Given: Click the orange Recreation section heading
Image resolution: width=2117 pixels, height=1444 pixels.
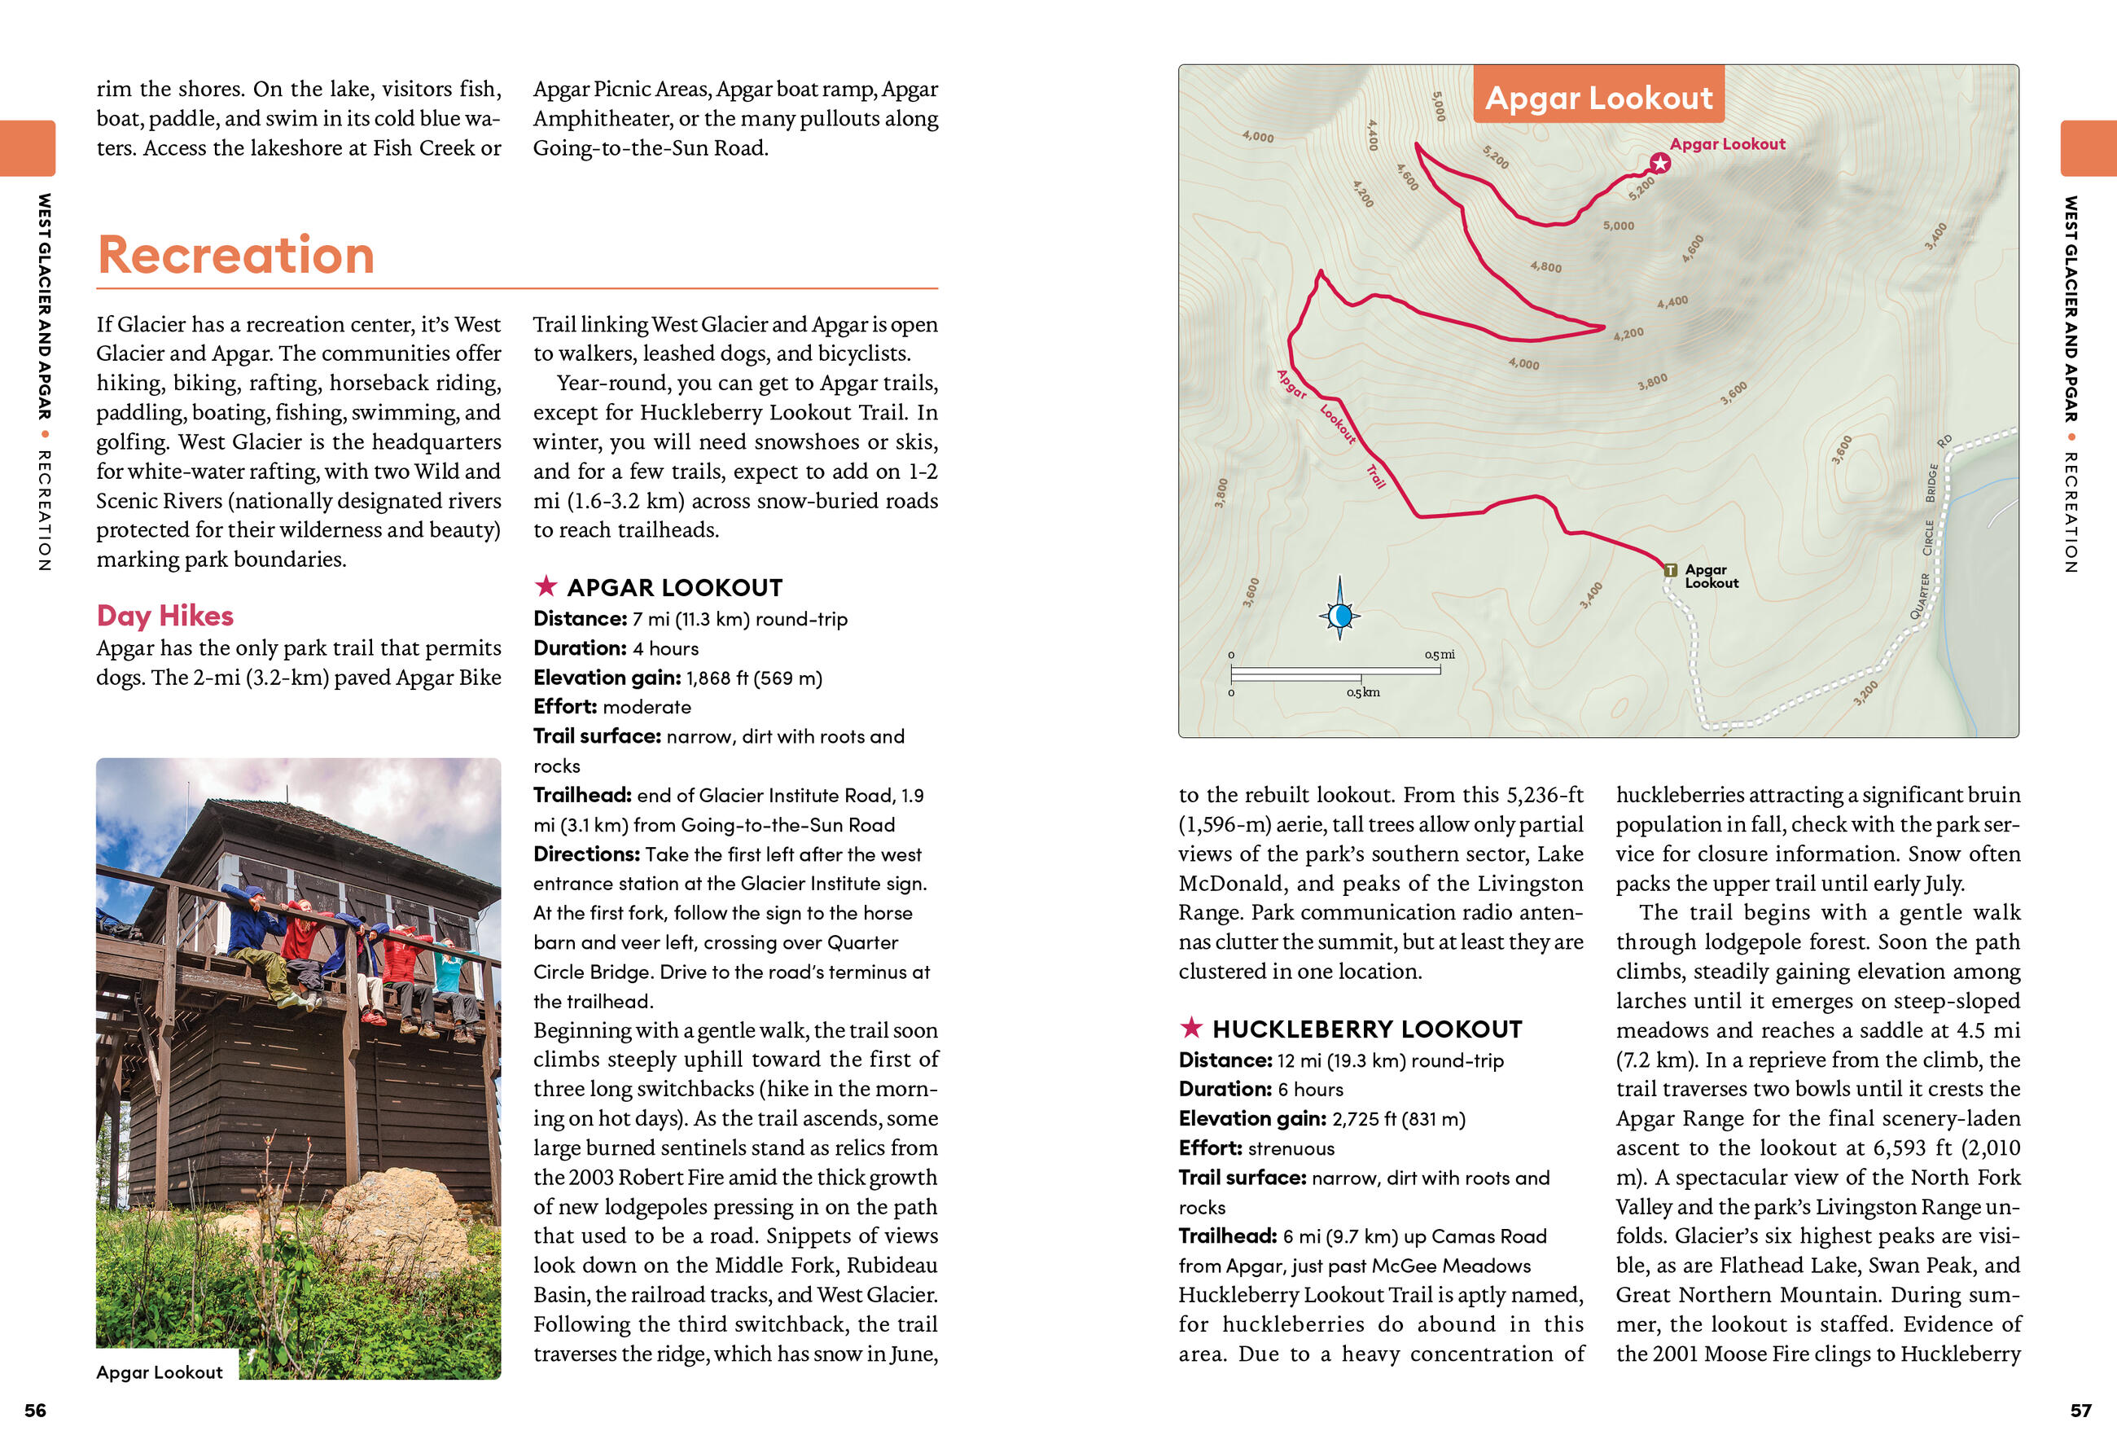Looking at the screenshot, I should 236,255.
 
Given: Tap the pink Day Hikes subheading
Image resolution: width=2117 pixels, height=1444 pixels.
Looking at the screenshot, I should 164,616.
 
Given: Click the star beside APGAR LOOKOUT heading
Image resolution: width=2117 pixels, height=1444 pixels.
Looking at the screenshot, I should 546,586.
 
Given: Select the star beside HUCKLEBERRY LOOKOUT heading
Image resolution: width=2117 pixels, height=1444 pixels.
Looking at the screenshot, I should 1190,1028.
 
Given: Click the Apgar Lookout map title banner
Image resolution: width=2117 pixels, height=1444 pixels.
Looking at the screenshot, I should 1598,97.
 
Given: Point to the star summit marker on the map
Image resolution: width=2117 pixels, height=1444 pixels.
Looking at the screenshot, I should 1659,163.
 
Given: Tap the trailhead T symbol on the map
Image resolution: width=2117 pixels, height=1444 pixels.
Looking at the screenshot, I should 1670,570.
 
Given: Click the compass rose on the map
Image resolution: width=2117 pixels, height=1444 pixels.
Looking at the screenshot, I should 1339,616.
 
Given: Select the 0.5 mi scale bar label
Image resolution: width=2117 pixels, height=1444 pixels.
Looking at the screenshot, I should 1440,654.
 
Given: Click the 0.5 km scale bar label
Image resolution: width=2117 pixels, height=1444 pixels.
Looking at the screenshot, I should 1363,692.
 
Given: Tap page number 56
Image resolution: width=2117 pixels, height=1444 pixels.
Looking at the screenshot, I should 35,1411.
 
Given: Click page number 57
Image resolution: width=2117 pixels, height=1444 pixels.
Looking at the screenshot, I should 2080,1411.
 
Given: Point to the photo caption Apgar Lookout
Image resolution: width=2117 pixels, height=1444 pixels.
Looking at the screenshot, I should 160,1372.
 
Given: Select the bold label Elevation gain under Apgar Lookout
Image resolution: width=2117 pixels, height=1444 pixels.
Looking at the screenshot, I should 607,678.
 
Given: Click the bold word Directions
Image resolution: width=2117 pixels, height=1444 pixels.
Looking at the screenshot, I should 586,854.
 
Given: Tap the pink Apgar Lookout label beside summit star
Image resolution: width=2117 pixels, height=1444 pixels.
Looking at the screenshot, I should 1727,144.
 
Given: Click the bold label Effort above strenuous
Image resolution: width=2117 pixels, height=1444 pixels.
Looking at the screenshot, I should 1210,1148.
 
